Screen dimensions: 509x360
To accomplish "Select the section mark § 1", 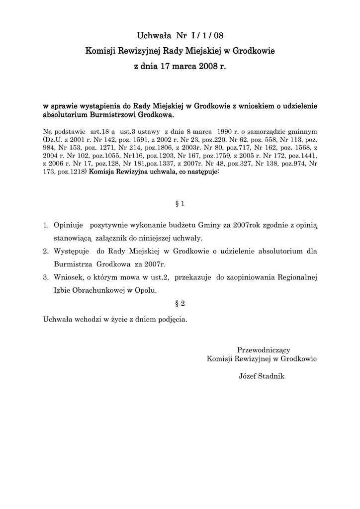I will [x=180, y=204].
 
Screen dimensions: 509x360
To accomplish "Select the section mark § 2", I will [x=180, y=303].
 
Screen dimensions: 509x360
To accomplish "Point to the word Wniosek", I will [x=69, y=277].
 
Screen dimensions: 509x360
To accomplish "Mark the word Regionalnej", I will [x=296, y=277].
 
